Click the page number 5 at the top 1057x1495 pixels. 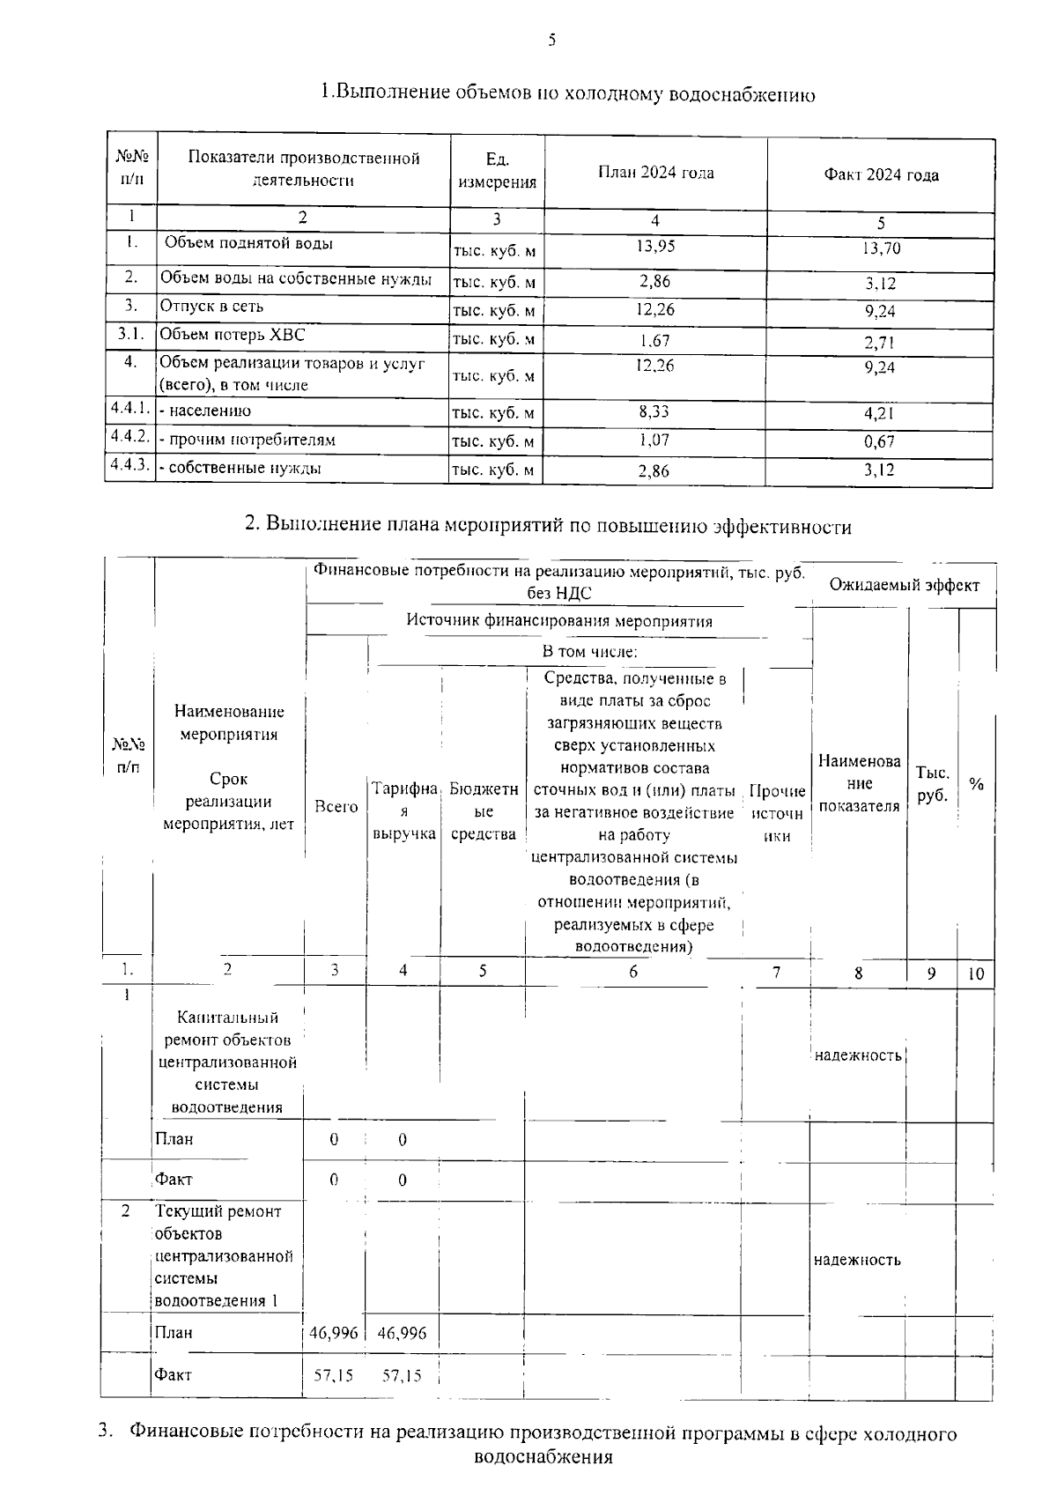[x=551, y=40]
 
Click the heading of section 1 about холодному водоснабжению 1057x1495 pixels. [x=567, y=93]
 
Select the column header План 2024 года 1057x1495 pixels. [x=655, y=173]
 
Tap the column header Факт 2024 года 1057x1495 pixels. [x=880, y=174]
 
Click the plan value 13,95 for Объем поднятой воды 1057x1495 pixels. [x=654, y=247]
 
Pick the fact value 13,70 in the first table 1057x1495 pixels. [x=880, y=249]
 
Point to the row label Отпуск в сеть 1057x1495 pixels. [x=211, y=307]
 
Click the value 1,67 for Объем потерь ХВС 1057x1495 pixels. [x=654, y=340]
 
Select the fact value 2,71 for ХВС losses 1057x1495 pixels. [x=880, y=342]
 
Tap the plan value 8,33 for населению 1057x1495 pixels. [x=654, y=411]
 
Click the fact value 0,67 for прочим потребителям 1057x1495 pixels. [x=880, y=441]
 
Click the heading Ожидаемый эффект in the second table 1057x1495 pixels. [x=904, y=585]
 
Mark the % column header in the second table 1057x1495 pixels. [x=976, y=784]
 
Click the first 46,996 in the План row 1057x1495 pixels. [x=334, y=1333]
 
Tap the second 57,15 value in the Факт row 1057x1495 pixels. [x=402, y=1375]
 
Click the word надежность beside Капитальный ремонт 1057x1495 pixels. [x=858, y=1055]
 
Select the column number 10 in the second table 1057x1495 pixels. [x=976, y=974]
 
